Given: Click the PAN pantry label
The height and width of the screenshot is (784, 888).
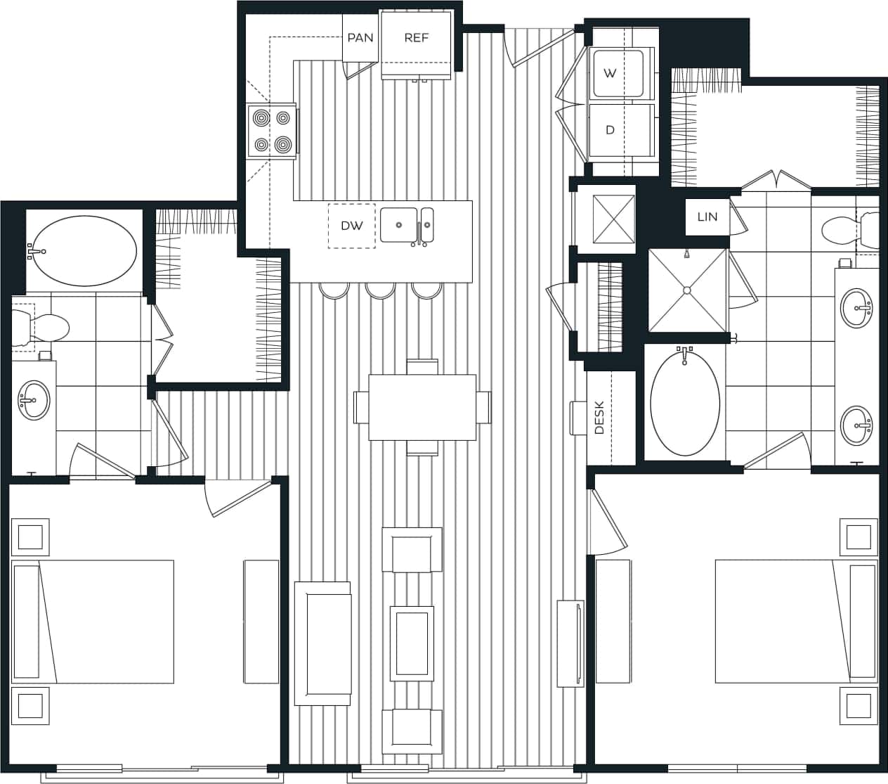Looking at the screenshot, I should tap(360, 37).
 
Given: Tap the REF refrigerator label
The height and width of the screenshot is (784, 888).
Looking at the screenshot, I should tap(416, 37).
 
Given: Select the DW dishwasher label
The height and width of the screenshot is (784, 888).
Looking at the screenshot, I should tap(351, 226).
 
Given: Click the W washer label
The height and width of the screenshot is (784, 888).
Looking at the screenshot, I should tap(610, 73).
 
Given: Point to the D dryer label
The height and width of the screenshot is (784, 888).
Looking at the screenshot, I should tap(610, 130).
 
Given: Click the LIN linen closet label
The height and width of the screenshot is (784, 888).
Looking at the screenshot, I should tap(707, 217).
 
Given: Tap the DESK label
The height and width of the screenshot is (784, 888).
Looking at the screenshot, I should tap(599, 418).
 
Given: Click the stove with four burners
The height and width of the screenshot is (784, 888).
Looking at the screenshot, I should tap(272, 131).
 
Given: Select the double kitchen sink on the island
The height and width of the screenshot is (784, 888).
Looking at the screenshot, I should tap(407, 225).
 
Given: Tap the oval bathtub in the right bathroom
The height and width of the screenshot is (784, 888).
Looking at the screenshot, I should tap(685, 401).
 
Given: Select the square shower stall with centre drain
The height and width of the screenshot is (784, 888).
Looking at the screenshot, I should tap(686, 290).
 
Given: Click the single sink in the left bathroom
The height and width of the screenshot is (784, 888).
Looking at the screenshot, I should tap(33, 400).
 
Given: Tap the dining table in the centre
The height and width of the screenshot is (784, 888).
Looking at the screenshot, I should tap(422, 406).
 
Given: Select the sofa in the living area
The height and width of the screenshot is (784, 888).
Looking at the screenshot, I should tap(322, 643).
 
